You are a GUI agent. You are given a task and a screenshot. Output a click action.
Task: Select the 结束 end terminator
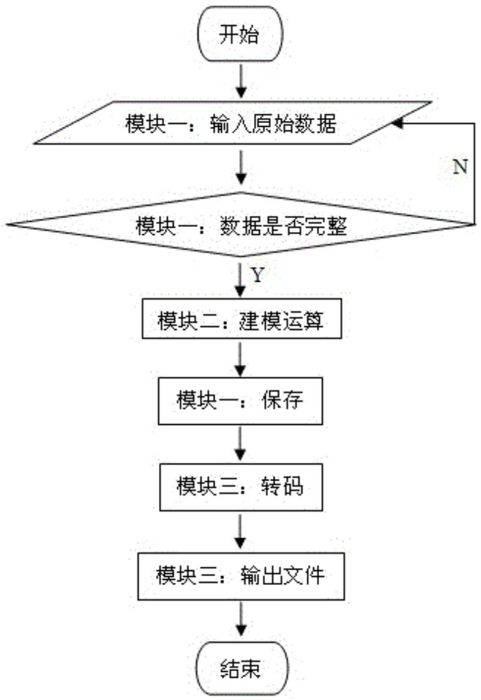coord(239,668)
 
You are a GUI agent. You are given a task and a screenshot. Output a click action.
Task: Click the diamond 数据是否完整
coord(239,225)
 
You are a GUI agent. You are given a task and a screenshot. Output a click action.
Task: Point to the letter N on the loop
coord(459,166)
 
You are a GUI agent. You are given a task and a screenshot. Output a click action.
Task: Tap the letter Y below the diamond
coord(257,276)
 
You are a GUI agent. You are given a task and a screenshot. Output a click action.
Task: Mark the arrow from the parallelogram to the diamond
coord(240,168)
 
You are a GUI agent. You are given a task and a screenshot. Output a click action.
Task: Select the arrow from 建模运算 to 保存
coord(240,360)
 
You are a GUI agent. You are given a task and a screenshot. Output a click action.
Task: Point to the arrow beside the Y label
coord(240,278)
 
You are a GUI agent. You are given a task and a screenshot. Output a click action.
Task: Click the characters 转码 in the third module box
coord(283,485)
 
